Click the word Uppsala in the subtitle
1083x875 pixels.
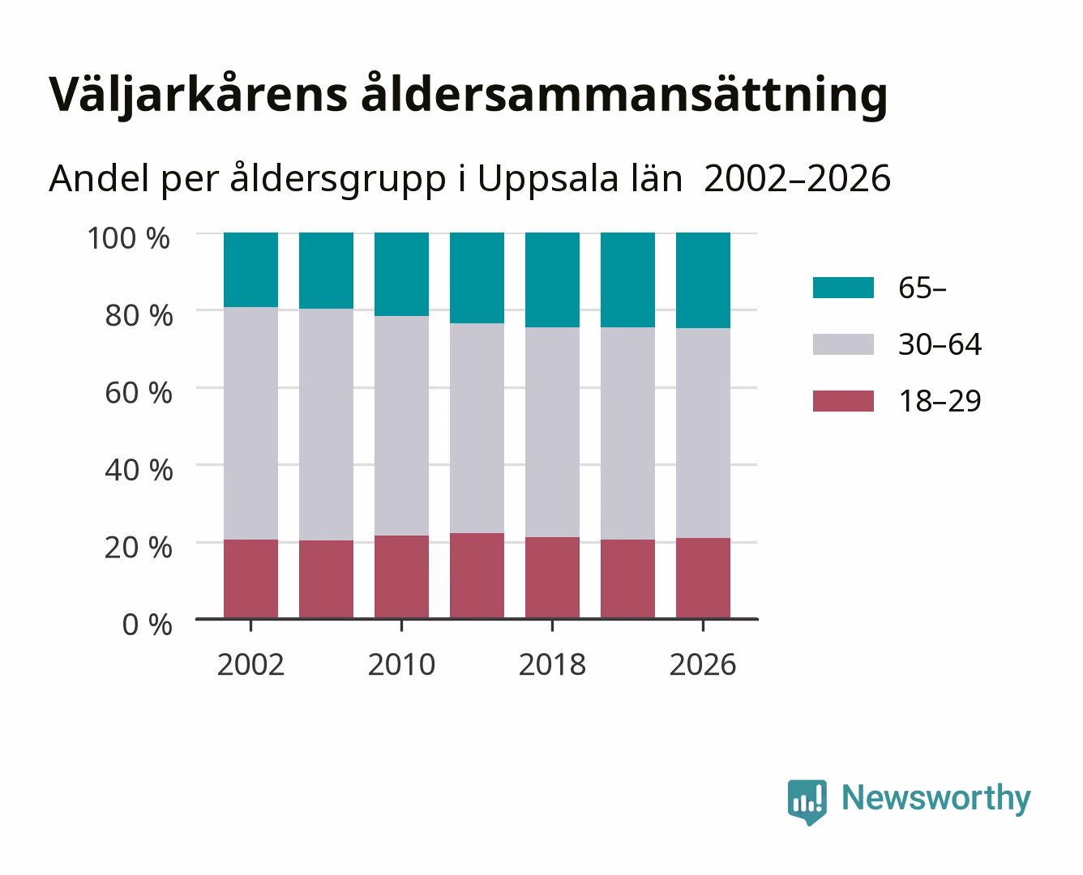[x=547, y=179]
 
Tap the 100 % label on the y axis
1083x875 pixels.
[x=129, y=238]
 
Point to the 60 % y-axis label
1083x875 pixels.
[x=139, y=393]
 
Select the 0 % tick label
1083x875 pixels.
[x=147, y=625]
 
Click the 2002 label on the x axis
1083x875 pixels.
[x=250, y=664]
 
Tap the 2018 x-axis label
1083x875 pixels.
[x=552, y=664]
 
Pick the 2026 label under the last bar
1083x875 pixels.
[x=703, y=664]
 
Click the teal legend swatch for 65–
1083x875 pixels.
[x=843, y=288]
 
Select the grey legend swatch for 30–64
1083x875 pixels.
[x=843, y=344]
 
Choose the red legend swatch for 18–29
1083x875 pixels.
[x=843, y=401]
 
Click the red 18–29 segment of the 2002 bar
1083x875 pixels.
[x=250, y=578]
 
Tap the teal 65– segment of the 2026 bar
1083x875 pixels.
[x=703, y=280]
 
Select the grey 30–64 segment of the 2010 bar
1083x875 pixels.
[x=402, y=426]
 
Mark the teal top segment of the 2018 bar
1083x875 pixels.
[x=552, y=280]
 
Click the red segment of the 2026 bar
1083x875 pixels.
[x=703, y=578]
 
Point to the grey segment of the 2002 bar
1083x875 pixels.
[x=250, y=423]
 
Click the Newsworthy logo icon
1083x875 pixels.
[x=807, y=802]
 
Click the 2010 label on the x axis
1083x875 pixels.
[x=402, y=664]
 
